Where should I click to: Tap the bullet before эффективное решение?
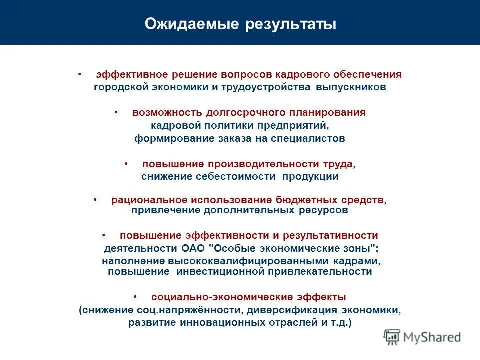pos(79,74)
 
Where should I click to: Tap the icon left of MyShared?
pos(393,337)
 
